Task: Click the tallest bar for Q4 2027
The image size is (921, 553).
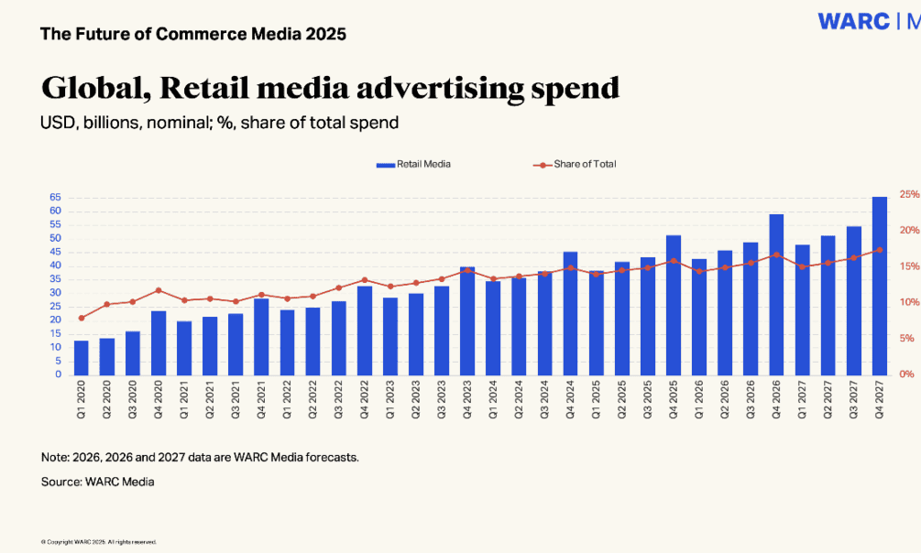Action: pos(879,286)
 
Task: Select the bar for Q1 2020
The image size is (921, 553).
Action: pos(82,357)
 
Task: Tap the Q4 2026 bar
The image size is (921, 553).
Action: pos(776,294)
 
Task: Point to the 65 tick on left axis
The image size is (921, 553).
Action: pos(56,197)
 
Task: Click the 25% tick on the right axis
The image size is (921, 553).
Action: pos(909,194)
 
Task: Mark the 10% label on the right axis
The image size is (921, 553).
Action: pos(909,302)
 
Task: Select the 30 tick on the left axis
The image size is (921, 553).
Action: pos(56,293)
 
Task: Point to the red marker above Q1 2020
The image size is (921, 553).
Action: pos(82,318)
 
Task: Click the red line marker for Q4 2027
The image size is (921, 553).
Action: pos(879,250)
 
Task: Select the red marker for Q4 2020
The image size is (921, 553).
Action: pos(159,290)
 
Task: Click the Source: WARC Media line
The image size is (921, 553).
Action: pos(97,482)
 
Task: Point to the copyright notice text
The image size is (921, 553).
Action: pos(98,542)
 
